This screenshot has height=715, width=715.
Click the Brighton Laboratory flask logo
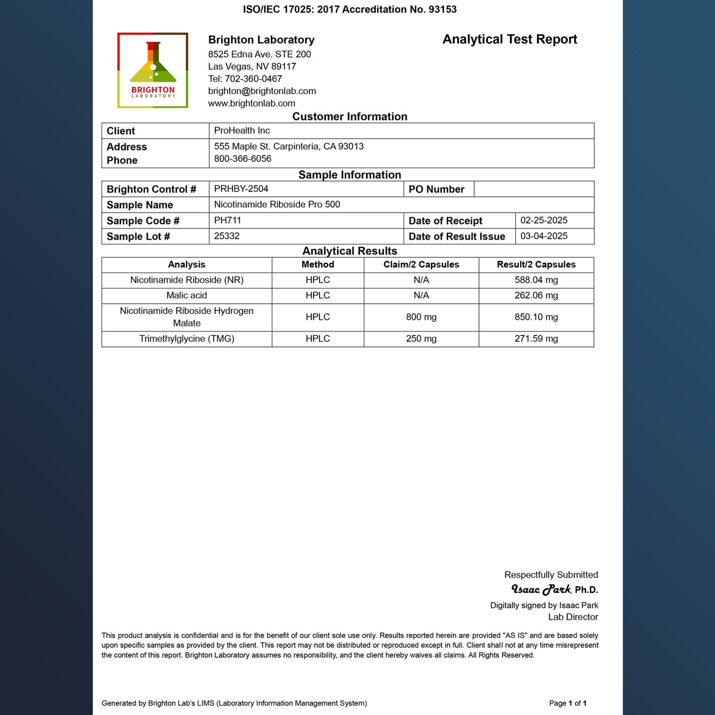pyautogui.click(x=152, y=70)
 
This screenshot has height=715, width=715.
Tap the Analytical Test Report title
pyautogui.click(x=510, y=40)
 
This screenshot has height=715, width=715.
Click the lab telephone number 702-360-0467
pyautogui.click(x=253, y=79)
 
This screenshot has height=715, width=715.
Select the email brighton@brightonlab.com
pyautogui.click(x=262, y=91)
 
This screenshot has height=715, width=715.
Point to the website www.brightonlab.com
pyautogui.click(x=251, y=103)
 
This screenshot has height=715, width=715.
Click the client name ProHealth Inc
pyautogui.click(x=242, y=131)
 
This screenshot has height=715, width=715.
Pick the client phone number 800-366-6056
pyautogui.click(x=242, y=159)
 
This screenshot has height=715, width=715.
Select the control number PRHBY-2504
pyautogui.click(x=241, y=189)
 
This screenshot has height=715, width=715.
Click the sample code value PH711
pyautogui.click(x=228, y=220)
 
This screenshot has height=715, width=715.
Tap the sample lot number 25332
pyautogui.click(x=227, y=236)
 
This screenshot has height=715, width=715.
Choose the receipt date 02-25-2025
pyautogui.click(x=544, y=220)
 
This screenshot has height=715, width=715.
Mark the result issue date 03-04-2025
pyautogui.click(x=544, y=236)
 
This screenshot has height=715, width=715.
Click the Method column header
pyautogui.click(x=318, y=265)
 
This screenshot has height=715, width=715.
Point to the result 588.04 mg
pyautogui.click(x=536, y=280)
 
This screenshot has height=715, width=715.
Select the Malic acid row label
pyautogui.click(x=187, y=295)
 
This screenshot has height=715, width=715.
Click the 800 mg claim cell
pyautogui.click(x=421, y=317)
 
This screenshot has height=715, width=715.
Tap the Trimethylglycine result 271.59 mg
pyautogui.click(x=536, y=339)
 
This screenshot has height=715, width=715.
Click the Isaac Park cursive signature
pyautogui.click(x=541, y=589)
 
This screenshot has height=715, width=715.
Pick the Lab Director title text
pyautogui.click(x=573, y=617)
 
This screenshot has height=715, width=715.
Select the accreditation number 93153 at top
pyautogui.click(x=442, y=9)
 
